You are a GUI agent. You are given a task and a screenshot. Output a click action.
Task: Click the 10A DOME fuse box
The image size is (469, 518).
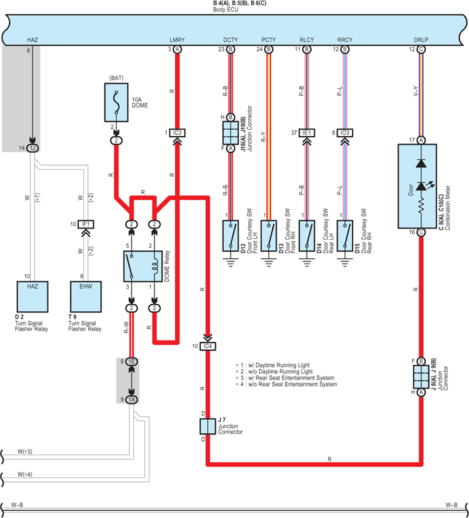(x=116, y=102)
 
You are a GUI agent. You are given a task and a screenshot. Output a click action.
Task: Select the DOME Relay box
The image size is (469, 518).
(x=143, y=266)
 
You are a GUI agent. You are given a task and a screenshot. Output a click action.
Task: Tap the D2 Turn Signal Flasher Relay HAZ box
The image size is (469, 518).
(x=32, y=297)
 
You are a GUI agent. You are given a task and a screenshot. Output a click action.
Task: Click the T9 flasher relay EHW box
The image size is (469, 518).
(x=86, y=297)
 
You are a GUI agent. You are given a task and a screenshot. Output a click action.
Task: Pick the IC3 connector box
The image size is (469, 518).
(x=177, y=133)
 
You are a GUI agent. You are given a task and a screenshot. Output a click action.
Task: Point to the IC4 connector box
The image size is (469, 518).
(x=208, y=347)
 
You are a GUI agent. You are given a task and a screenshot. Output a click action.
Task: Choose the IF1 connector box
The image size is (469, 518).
(x=86, y=224)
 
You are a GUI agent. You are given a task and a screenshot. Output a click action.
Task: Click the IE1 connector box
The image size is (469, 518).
(x=307, y=133)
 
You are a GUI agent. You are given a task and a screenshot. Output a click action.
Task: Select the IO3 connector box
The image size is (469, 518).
(x=345, y=133)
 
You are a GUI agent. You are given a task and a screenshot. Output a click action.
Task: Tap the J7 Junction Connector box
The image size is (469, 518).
(x=208, y=426)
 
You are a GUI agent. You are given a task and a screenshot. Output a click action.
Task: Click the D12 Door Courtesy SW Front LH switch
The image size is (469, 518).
(x=231, y=236)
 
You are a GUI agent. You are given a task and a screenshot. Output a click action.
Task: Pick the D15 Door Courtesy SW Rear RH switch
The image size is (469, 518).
(x=345, y=236)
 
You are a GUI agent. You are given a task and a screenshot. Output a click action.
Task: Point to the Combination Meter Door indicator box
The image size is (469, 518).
(x=417, y=186)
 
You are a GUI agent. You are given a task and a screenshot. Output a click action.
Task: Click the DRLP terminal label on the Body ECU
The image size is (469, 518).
(x=421, y=40)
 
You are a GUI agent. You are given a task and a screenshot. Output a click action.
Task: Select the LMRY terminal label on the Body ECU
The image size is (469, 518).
(x=177, y=40)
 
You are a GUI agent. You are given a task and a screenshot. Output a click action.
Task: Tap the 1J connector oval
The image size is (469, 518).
(x=32, y=148)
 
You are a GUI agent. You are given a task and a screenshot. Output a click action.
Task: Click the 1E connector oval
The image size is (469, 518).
(x=131, y=361)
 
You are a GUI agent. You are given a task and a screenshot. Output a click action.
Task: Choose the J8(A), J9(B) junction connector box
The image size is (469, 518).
(x=421, y=376)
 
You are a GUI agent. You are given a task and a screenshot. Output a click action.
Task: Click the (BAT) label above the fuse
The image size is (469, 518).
(x=116, y=78)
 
